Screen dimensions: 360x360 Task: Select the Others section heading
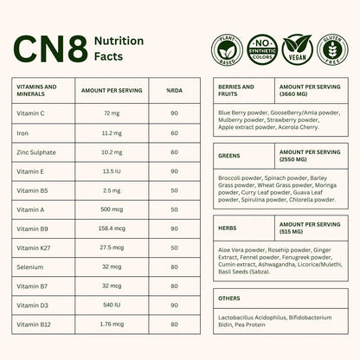230,299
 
